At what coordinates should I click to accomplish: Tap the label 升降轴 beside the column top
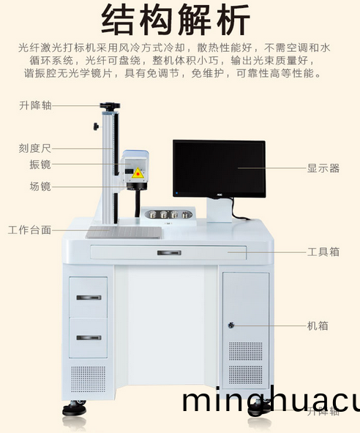(35, 106)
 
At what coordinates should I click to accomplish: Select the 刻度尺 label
(35, 148)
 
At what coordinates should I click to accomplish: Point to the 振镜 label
(40, 165)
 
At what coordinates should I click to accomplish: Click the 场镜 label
(40, 187)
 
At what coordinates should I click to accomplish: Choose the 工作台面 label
(30, 230)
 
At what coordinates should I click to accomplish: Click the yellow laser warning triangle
(137, 173)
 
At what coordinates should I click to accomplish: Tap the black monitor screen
(219, 168)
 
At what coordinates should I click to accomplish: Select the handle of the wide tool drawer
(169, 252)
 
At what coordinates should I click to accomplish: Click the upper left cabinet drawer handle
(89, 297)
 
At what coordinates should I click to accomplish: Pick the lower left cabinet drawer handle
(89, 337)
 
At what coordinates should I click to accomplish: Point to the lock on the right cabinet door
(231, 325)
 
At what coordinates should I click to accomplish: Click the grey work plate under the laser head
(123, 232)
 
